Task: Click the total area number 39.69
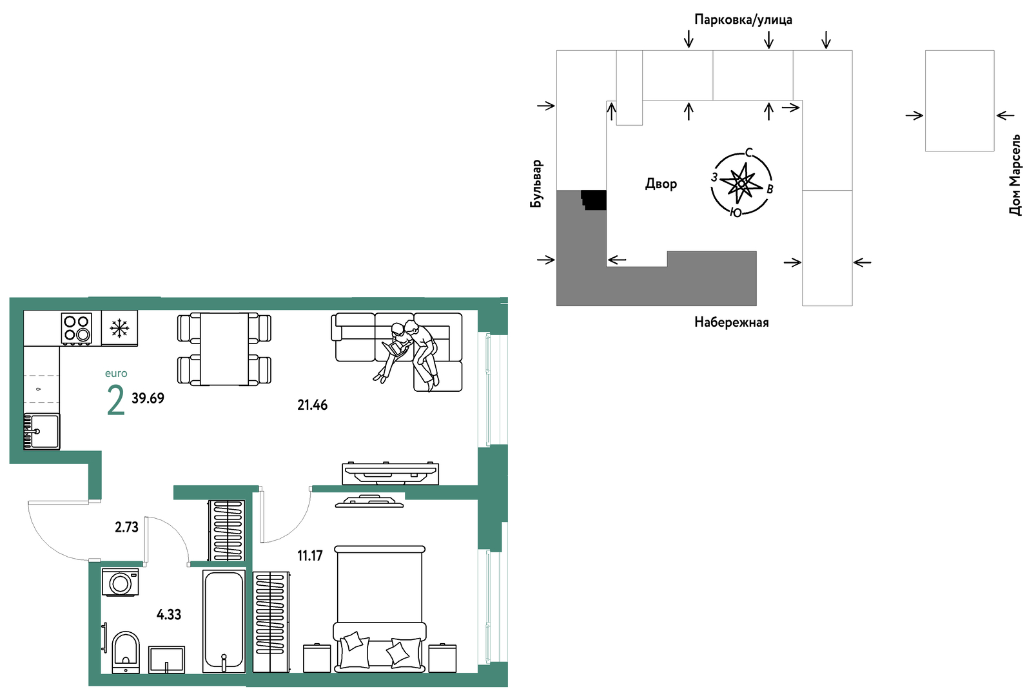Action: click(148, 398)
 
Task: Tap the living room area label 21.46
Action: click(313, 405)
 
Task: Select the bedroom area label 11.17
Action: click(310, 556)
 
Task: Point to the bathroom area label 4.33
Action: click(169, 615)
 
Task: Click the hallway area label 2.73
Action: click(127, 527)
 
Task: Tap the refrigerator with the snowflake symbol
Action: click(119, 328)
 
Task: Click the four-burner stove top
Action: click(77, 329)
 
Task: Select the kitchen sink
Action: click(42, 432)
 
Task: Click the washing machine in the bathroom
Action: click(121, 582)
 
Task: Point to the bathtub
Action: click(224, 621)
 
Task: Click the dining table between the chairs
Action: click(224, 349)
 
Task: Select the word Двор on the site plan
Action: click(661, 184)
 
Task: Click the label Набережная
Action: click(731, 322)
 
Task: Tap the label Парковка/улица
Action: click(743, 19)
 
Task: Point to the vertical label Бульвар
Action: click(536, 184)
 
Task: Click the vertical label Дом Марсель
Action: click(1015, 175)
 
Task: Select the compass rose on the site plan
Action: click(741, 184)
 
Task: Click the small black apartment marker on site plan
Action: click(594, 200)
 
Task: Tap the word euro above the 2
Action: click(116, 374)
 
